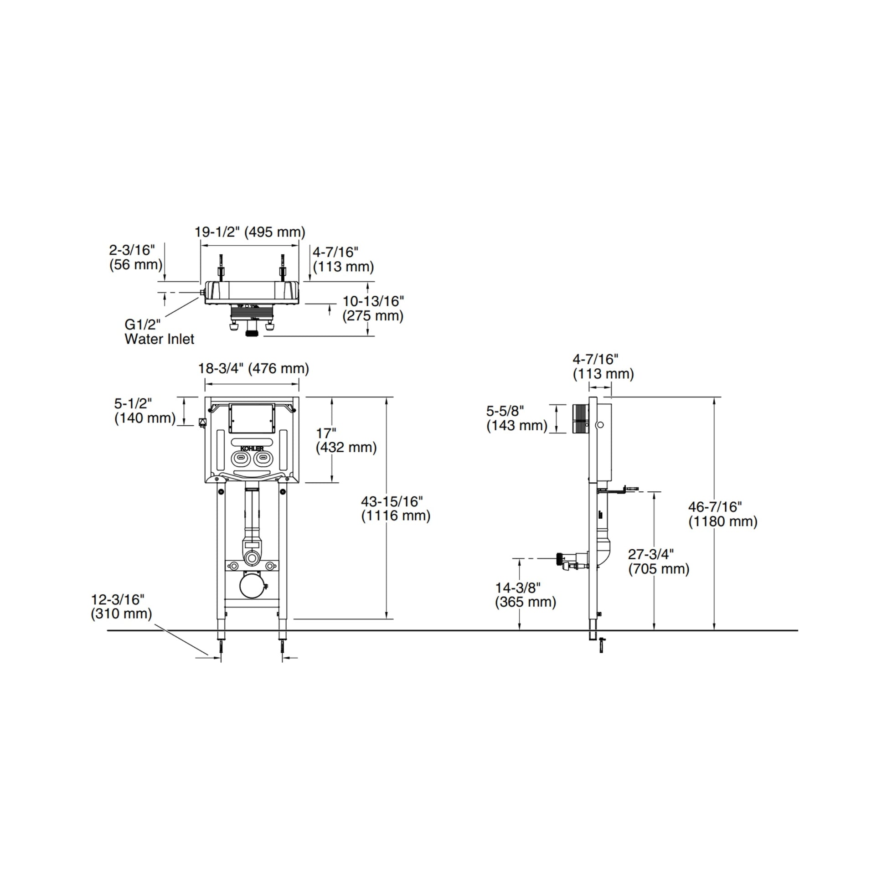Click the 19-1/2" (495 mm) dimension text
coord(250,232)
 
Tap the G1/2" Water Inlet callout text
coord(160,331)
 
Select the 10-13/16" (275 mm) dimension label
coord(373,309)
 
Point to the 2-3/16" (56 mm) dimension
coord(136,257)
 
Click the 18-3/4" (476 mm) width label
coord(253,368)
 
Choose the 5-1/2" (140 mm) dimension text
coord(145,410)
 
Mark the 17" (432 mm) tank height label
coord(346,440)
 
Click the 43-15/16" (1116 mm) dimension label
coord(396,508)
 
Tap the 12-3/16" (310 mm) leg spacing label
coord(121,607)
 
